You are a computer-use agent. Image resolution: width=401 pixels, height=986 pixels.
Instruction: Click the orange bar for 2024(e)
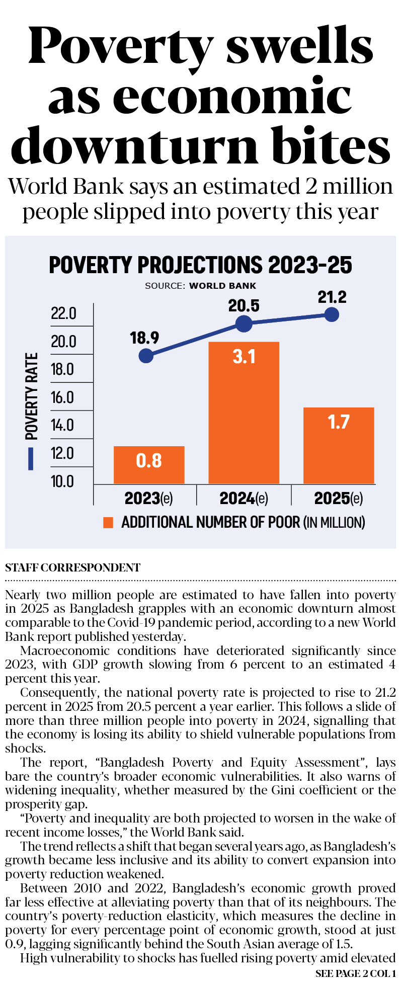244,413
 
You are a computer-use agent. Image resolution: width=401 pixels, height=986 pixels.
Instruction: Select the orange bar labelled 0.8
149,465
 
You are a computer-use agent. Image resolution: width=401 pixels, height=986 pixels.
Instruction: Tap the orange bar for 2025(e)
339,445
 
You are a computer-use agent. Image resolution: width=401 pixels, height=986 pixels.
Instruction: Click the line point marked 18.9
146,356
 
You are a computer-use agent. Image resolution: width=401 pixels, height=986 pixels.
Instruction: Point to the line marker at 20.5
244,324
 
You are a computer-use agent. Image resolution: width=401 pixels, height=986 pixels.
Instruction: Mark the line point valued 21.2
332,315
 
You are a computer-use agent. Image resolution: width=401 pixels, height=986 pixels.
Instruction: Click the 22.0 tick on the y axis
63,314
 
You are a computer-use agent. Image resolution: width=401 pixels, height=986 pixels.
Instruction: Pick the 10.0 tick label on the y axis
62,482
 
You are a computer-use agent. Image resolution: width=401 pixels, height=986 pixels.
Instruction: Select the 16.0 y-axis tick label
62,398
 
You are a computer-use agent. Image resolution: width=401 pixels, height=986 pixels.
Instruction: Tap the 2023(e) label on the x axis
148,499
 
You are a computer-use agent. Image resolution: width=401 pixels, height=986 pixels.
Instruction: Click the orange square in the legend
108,523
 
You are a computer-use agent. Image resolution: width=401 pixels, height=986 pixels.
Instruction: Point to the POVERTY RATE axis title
32,396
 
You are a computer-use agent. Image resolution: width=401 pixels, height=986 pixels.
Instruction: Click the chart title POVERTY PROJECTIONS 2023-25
200,265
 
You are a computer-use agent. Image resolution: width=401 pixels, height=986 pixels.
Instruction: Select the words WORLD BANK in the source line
222,286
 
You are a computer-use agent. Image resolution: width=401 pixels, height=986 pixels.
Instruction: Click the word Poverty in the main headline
121,46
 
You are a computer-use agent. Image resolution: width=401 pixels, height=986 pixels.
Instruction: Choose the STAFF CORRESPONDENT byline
72,567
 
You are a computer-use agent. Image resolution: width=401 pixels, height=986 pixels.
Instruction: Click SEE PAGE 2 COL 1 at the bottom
355,973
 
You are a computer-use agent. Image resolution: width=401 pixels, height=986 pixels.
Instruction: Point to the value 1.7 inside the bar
338,422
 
